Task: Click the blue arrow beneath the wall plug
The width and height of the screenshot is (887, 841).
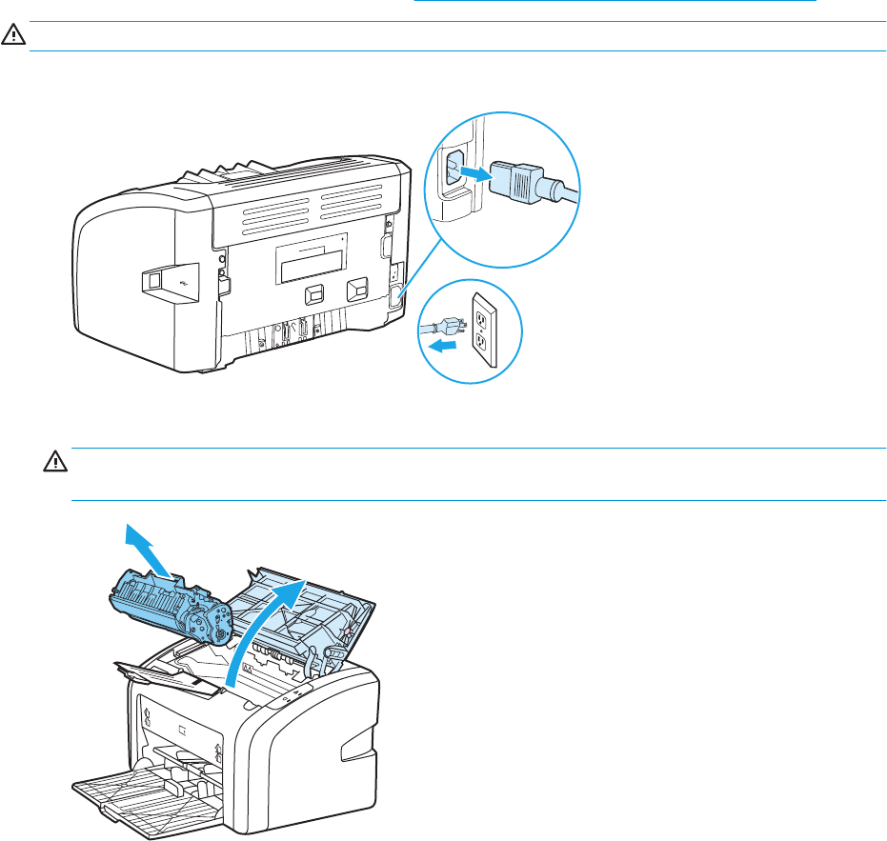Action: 442,348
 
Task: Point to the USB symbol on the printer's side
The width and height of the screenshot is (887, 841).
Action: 166,281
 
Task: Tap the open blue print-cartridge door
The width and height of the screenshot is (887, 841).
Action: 305,610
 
